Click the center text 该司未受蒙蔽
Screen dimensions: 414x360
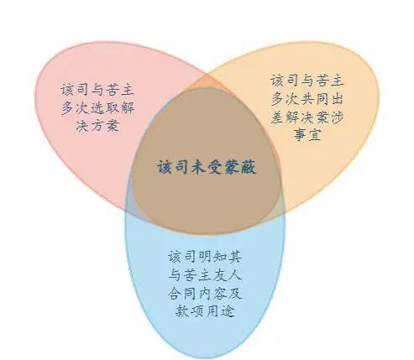coord(207,167)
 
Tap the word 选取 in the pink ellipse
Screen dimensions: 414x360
coord(105,107)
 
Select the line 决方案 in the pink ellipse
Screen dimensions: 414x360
coord(97,126)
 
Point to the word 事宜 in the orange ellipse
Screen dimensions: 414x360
coord(307,135)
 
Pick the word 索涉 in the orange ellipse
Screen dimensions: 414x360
coord(329,117)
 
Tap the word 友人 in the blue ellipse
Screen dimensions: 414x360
coord(227,274)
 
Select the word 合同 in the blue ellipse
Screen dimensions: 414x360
coord(182,293)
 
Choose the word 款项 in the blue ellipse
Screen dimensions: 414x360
coord(190,310)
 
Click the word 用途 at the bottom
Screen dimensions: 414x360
coord(220,310)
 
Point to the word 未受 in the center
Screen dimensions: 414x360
coord(207,167)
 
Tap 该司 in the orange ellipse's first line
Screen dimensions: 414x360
coord(285,81)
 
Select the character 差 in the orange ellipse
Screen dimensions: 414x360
coord(278,117)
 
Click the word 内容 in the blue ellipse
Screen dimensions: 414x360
coord(212,293)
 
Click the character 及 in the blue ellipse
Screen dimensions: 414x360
coord(234,293)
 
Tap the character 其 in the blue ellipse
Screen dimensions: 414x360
coord(234,257)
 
